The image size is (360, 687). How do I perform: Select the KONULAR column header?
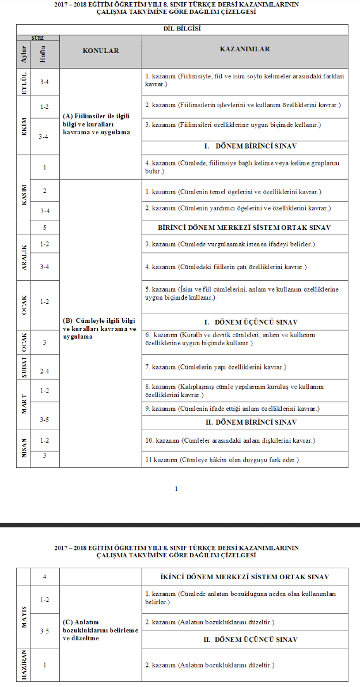[101, 51]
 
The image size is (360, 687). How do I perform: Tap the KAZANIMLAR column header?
[245, 50]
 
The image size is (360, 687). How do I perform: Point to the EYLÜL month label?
[24, 82]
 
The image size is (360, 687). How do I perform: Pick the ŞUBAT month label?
[24, 367]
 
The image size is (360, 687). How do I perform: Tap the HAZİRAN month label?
[24, 665]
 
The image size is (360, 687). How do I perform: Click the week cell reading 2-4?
[44, 371]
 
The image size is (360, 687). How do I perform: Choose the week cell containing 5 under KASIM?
[44, 228]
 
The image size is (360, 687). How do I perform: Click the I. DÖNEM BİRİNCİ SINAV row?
[244, 146]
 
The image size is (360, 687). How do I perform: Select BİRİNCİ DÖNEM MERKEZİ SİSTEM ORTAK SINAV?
[244, 228]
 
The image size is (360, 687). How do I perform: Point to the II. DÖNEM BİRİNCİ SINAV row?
[244, 422]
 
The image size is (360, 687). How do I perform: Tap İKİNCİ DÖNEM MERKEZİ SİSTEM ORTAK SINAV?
[244, 577]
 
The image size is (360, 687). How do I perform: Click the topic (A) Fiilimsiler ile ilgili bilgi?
[96, 124]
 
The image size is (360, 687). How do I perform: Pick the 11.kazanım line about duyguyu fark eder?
[229, 459]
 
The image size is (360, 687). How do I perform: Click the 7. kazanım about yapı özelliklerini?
[223, 367]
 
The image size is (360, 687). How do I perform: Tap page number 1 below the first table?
[176, 489]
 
